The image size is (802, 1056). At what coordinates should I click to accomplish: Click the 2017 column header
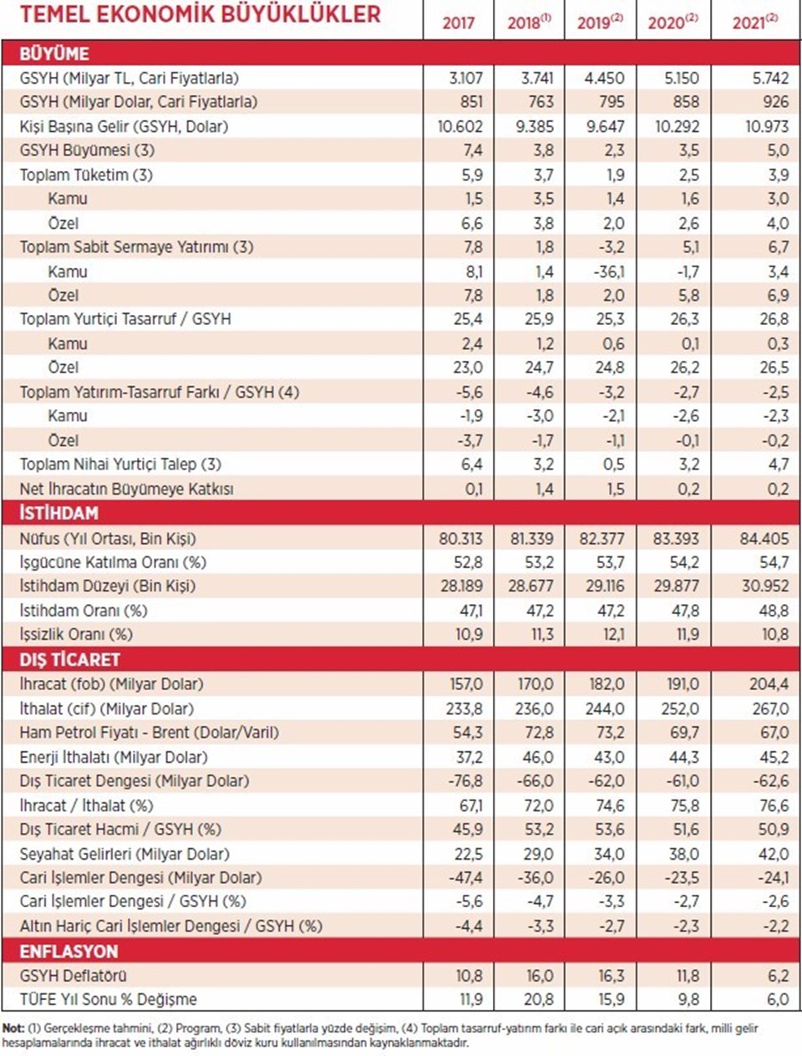point(458,23)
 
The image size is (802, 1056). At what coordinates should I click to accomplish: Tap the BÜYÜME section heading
point(54,53)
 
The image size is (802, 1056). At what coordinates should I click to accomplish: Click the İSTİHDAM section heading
point(58,513)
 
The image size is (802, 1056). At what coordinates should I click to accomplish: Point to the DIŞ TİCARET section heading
point(70,659)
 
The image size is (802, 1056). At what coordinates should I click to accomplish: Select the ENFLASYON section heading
point(69,952)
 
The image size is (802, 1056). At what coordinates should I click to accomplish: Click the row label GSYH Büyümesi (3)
point(87,150)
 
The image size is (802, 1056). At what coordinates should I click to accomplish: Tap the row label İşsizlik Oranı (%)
point(76,634)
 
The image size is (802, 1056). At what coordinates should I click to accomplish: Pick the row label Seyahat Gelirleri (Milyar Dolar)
point(124,854)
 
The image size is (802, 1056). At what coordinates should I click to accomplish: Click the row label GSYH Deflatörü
point(74,976)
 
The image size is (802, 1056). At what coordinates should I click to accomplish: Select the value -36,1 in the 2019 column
point(607,272)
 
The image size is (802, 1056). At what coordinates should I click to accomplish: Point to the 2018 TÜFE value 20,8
point(538,999)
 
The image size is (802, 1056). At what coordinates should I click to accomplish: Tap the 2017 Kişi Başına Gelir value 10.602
point(459,126)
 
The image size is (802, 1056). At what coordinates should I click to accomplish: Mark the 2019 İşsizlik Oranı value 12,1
point(613,634)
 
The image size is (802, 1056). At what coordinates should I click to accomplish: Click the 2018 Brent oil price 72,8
point(538,733)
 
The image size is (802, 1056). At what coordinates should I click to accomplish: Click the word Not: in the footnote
point(13,1028)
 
